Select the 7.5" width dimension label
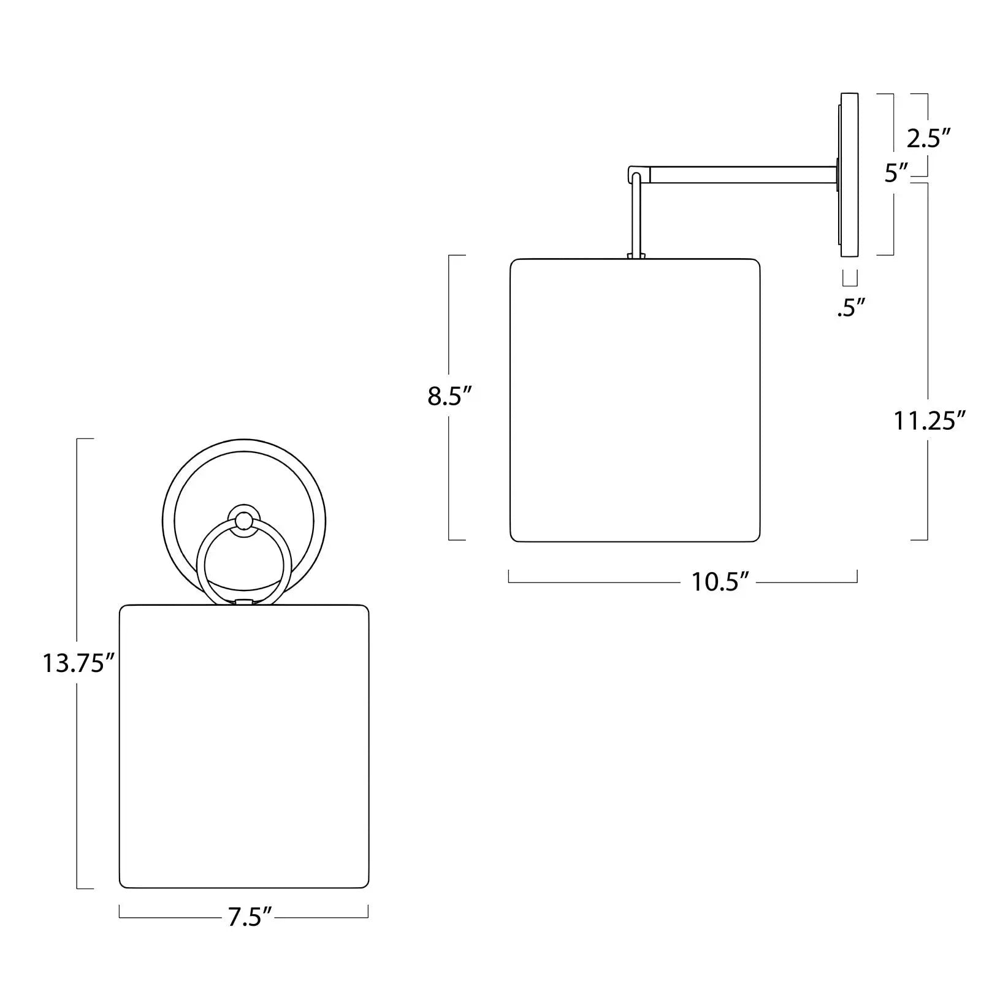pyautogui.click(x=250, y=918)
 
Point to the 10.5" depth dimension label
pyautogui.click(x=721, y=582)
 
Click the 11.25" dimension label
pyautogui.click(x=929, y=421)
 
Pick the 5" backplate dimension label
pyautogui.click(x=897, y=174)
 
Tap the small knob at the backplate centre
pyautogui.click(x=243, y=519)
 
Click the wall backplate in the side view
pyautogui.click(x=849, y=175)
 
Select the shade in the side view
pyautogui.click(x=635, y=400)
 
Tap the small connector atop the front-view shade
pyautogui.click(x=243, y=603)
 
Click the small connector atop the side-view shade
pyautogui.click(x=636, y=255)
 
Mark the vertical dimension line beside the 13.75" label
pyautogui.click(x=77, y=552)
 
